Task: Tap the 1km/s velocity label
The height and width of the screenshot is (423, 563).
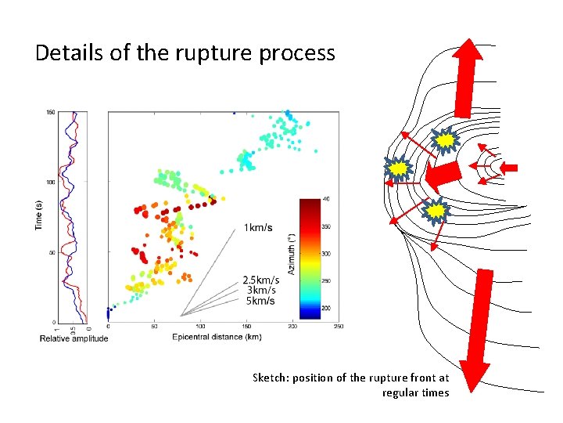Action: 258,227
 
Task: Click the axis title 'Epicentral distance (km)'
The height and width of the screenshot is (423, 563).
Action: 218,337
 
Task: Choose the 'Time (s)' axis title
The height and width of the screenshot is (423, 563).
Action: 38,215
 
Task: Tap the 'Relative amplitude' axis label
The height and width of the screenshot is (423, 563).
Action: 74,338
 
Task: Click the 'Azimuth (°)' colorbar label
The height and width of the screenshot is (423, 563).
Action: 292,252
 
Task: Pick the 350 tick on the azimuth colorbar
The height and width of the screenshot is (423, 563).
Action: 327,226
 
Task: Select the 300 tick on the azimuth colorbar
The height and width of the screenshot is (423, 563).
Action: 327,253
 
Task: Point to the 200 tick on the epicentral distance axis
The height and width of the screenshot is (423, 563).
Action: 292,327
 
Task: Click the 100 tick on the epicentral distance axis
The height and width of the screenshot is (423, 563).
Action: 200,327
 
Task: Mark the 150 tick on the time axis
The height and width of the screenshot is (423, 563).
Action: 50,113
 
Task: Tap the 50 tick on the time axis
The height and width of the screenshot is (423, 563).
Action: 52,252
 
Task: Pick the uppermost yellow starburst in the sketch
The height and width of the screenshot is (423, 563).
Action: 444,141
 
